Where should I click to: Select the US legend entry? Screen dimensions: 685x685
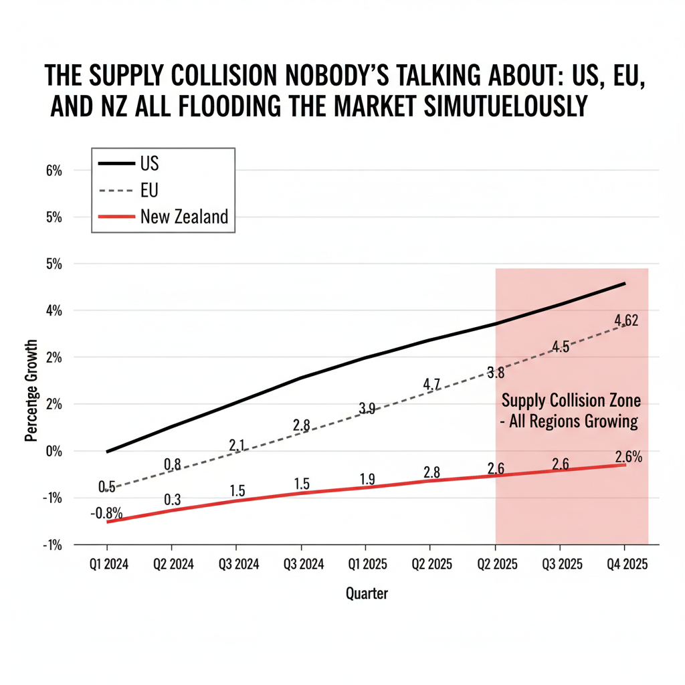pyautogui.click(x=150, y=164)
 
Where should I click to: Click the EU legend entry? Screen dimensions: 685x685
pyautogui.click(x=150, y=191)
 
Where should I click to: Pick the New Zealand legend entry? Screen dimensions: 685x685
pyautogui.click(x=184, y=217)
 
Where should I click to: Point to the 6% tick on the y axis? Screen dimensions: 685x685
pyautogui.click(x=54, y=171)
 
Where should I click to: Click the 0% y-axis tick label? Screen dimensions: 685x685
pyautogui.click(x=54, y=451)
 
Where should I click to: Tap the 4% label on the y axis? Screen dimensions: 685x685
pyautogui.click(x=54, y=310)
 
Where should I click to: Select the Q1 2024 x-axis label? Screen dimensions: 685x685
pyautogui.click(x=108, y=565)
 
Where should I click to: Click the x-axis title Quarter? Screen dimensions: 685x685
pyautogui.click(x=367, y=593)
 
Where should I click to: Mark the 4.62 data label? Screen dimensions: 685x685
pyautogui.click(x=625, y=321)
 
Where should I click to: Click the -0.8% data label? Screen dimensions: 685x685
pyautogui.click(x=106, y=514)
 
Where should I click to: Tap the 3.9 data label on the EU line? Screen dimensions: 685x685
pyautogui.click(x=367, y=408)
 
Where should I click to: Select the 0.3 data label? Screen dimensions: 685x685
pyautogui.click(x=172, y=499)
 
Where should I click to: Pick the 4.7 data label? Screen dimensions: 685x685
pyautogui.click(x=431, y=385)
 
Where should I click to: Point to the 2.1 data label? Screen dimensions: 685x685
pyautogui.click(x=237, y=445)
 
